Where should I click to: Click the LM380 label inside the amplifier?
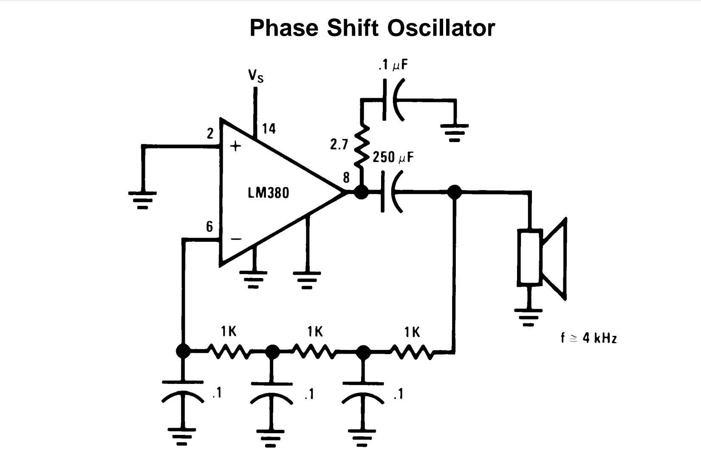point(268,193)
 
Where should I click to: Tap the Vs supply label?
point(256,76)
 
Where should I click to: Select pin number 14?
point(269,128)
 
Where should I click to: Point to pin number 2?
point(210,134)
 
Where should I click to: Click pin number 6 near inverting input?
point(209,227)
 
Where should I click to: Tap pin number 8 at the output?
point(346,177)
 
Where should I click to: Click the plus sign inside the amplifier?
point(235,146)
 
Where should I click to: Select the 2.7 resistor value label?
point(339,145)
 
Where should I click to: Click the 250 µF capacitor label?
point(393,157)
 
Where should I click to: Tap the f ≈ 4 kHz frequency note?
point(588,338)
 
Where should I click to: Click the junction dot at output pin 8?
point(361,192)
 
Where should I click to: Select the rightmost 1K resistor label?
point(412,332)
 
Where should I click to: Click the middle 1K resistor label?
point(315,332)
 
